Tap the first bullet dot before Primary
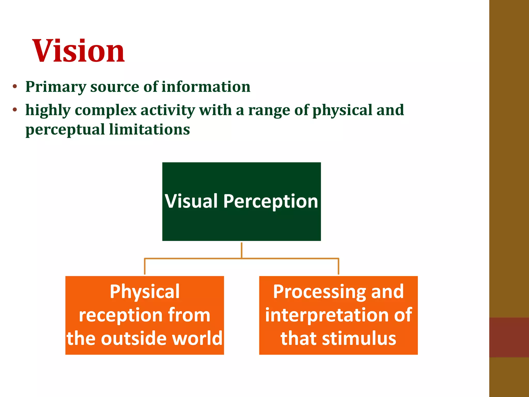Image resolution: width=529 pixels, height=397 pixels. (15, 87)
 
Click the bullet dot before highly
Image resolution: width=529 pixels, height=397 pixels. (15, 110)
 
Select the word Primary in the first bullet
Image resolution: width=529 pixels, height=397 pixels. (56, 87)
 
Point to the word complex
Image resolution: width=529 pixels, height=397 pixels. (105, 110)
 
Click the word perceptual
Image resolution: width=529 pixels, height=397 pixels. (65, 130)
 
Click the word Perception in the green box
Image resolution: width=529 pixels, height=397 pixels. (270, 202)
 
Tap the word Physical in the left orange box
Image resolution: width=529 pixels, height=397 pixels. (144, 292)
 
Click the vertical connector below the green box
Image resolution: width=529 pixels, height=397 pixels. (242, 250)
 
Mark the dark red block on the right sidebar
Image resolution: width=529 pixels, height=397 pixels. (509, 337)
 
